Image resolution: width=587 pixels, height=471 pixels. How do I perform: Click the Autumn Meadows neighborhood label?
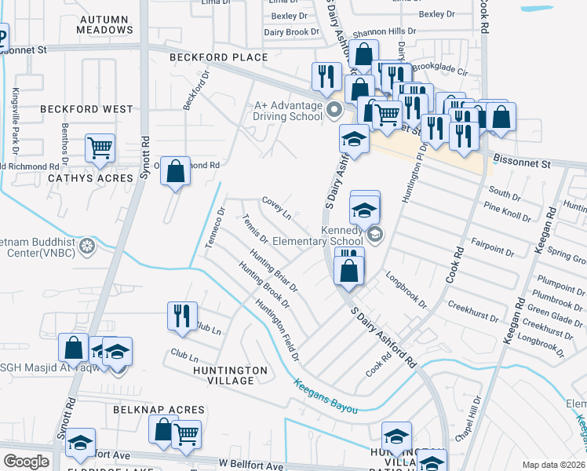point(105,24)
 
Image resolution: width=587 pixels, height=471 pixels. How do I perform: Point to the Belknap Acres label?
point(159,410)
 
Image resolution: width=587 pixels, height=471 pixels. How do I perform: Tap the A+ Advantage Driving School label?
point(289,111)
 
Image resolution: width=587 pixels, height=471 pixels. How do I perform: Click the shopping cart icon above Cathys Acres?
point(100,147)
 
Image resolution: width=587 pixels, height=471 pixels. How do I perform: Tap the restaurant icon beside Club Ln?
point(182,315)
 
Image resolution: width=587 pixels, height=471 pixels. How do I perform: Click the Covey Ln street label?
point(276,209)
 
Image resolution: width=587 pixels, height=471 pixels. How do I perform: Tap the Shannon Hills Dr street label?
point(384,32)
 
